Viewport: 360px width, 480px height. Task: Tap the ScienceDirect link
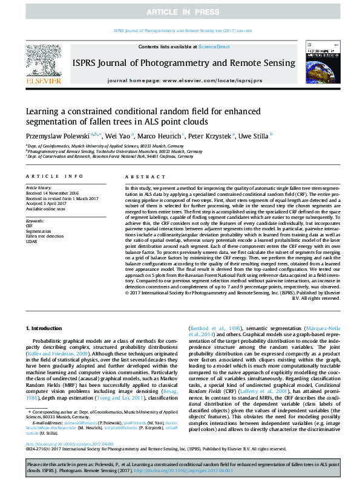(x=215, y=47)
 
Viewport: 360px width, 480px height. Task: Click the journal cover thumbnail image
(x=324, y=61)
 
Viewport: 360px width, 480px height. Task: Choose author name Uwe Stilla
(x=254, y=136)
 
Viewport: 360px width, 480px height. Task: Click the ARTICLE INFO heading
(x=54, y=176)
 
